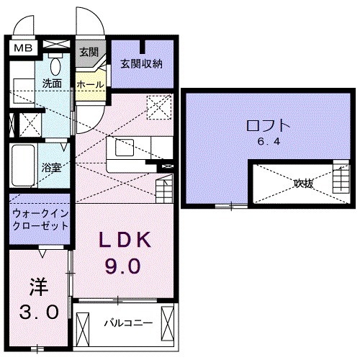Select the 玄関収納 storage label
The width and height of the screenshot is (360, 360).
coord(142,63)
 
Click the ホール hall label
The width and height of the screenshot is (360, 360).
coord(90,84)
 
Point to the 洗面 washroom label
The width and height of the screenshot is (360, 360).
coord(51,84)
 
